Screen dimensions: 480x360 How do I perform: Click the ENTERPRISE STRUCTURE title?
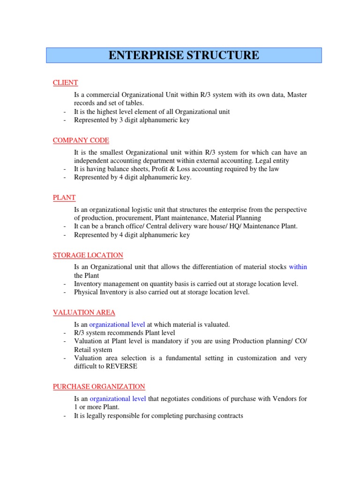pyautogui.click(x=184, y=55)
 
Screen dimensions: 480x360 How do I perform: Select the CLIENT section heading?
pyautogui.click(x=65, y=83)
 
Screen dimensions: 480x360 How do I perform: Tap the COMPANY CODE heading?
pyautogui.click(x=81, y=140)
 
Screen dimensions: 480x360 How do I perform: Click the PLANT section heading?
pyautogui.click(x=64, y=198)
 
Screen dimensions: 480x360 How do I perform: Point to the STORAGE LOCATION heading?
pyautogui.click(x=88, y=255)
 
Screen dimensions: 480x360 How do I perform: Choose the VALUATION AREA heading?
pyautogui.click(x=84, y=313)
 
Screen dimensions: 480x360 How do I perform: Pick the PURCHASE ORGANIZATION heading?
pyautogui.click(x=99, y=387)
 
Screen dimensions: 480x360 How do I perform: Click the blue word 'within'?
pyautogui.click(x=298, y=267)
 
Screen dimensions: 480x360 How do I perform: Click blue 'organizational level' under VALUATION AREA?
pyautogui.click(x=117, y=324)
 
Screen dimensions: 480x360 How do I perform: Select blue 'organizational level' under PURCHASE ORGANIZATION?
pyautogui.click(x=118, y=399)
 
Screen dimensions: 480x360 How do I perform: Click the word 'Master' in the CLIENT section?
pyautogui.click(x=297, y=95)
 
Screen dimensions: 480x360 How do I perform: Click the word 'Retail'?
pyautogui.click(x=83, y=350)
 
